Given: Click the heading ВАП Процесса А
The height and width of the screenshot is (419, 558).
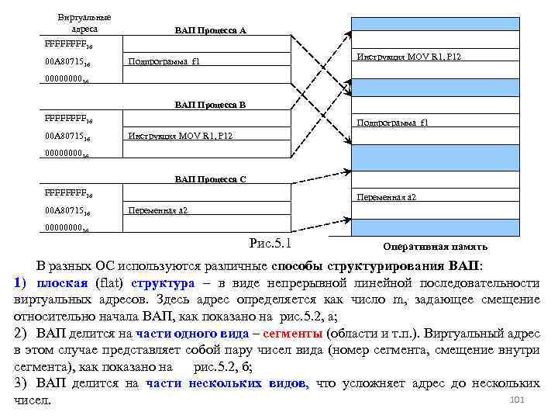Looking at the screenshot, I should [x=210, y=30].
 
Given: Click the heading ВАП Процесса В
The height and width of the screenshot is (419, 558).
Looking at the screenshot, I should [x=210, y=104].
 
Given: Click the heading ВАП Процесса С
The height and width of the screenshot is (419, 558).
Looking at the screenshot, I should [x=210, y=179].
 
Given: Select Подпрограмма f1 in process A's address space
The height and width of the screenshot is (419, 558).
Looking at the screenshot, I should [x=164, y=61].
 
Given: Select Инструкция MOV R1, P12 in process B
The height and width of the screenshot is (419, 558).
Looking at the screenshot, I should [x=180, y=136].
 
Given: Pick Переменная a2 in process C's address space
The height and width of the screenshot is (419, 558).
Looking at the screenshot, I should [x=158, y=210].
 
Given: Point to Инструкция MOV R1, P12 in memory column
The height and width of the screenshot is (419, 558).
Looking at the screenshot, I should [x=408, y=57].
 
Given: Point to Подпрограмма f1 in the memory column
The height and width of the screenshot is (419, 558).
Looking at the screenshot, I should [x=392, y=123].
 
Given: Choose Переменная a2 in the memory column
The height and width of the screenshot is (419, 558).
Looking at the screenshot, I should [x=387, y=197].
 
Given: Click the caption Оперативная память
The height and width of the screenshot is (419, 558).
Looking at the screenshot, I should [x=435, y=247].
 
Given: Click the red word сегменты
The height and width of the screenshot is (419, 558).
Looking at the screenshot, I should [x=294, y=334].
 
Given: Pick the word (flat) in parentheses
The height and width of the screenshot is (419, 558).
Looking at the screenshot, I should [x=111, y=282].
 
